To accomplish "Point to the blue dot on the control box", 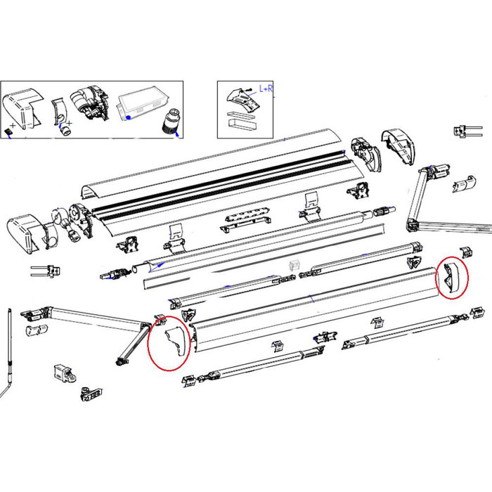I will [x=127, y=119].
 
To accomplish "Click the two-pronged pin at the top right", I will [x=466, y=130].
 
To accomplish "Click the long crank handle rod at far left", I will [x=11, y=344].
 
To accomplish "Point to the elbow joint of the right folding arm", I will [x=413, y=224].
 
